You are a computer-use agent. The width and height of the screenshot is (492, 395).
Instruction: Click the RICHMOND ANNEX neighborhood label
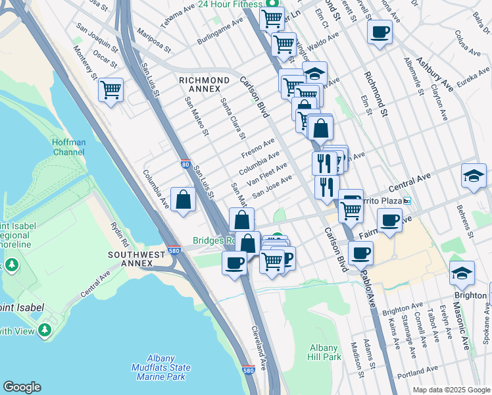tap(205, 86)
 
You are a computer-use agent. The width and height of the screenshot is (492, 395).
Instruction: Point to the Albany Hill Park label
tap(324, 352)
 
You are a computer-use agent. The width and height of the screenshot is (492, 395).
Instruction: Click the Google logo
tap(22, 387)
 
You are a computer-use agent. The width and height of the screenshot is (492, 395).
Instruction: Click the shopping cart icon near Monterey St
tap(111, 89)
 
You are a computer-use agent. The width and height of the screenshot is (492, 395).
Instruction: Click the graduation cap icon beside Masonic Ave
tap(462, 273)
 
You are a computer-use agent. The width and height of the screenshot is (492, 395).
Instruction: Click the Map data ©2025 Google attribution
tap(451, 390)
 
